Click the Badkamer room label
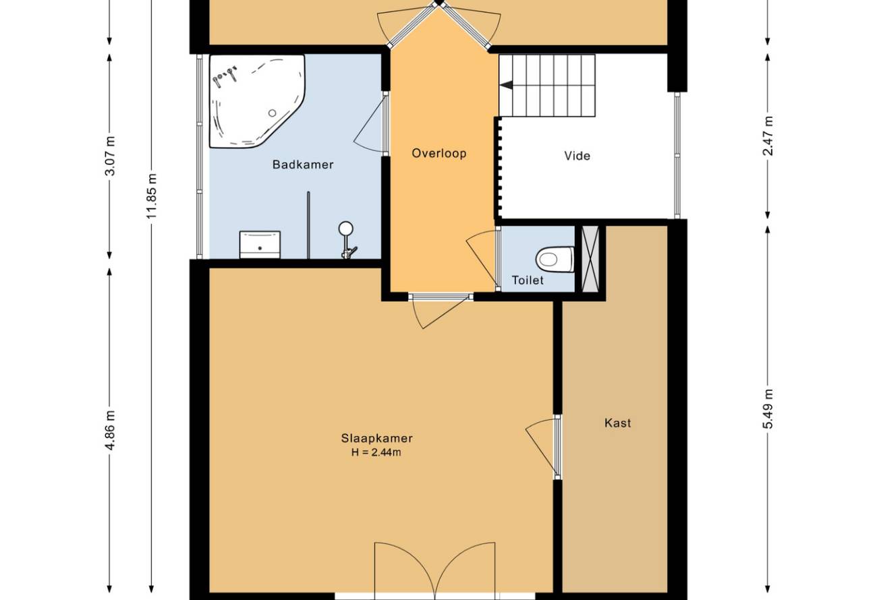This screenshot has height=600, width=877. (x=303, y=164)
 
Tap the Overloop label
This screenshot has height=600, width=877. (x=439, y=153)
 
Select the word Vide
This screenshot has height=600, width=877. (x=577, y=156)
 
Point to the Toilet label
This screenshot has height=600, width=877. (x=528, y=280)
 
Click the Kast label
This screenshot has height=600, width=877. (x=618, y=423)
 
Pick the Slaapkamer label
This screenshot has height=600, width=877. (x=376, y=438)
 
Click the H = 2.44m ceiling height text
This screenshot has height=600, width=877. (x=376, y=452)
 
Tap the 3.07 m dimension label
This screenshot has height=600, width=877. (x=111, y=156)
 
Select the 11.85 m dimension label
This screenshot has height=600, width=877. (x=152, y=196)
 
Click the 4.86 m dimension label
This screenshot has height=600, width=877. (x=111, y=430)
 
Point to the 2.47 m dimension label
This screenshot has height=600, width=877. (x=768, y=136)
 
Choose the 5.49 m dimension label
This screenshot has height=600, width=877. (x=768, y=409)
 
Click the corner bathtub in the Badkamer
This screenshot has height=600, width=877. (x=256, y=101)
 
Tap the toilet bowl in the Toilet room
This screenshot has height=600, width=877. (x=555, y=259)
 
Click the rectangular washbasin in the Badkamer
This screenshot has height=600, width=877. (x=260, y=245)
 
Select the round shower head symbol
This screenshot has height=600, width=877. (x=346, y=229)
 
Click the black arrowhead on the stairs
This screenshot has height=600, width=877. (x=506, y=85)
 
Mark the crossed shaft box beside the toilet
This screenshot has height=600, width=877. (x=590, y=259)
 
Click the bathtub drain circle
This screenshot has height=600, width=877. (x=272, y=113)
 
